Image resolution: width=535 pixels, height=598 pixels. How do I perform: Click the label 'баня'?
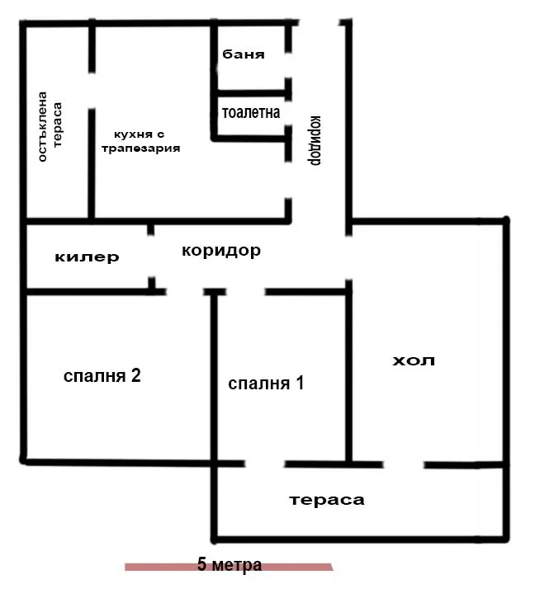coord(244,55)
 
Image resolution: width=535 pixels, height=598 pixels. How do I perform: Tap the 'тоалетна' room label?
coord(250,112)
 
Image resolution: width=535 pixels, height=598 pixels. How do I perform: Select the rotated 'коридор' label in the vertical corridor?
coord(315,139)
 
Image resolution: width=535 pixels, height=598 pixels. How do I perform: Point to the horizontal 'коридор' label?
coord(220,251)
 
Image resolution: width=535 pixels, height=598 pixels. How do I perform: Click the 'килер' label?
coord(87,257)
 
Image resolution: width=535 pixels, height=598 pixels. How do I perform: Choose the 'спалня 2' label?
coord(102,376)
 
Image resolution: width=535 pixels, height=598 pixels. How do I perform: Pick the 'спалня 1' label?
coord(266,384)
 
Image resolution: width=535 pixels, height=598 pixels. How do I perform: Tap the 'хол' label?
coord(413,360)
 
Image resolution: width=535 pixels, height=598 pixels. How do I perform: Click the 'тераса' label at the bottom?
coord(327,500)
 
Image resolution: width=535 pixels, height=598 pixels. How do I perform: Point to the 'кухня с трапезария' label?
coord(140,141)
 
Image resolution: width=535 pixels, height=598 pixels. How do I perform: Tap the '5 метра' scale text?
coord(230,565)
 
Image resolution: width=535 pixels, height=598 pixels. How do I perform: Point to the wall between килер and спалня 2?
coord(87,291)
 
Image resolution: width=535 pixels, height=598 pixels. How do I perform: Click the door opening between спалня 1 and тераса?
coord(264,463)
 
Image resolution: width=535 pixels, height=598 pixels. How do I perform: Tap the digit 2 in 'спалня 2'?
coord(135,376)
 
